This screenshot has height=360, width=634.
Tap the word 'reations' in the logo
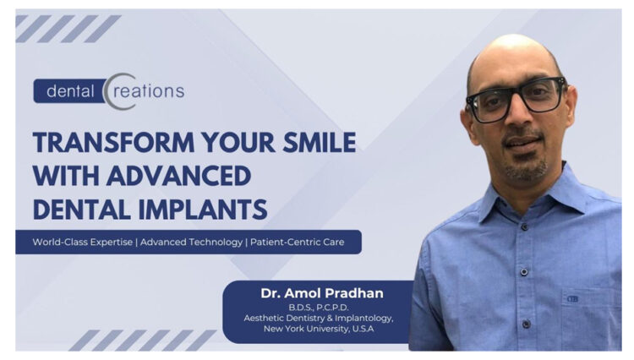[151, 90]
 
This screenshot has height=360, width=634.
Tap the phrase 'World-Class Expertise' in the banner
[83, 243]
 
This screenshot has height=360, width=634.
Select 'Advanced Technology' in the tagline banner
[192, 243]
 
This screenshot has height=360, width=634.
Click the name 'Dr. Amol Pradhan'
[322, 293]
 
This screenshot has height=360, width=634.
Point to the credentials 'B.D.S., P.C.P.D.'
[322, 307]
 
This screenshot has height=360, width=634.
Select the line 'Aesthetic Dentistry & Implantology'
[322, 318]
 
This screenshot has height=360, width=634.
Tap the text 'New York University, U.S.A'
[322, 329]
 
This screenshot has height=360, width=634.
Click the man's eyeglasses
[516, 99]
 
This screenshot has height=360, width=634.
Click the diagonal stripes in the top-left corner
[68, 28]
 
